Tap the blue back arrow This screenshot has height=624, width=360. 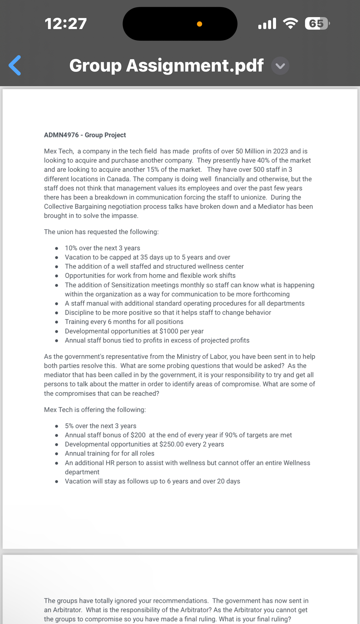(15, 65)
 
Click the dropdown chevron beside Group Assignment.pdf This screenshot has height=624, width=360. (280, 66)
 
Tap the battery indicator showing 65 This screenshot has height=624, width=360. (317, 24)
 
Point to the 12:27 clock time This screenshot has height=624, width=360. (66, 24)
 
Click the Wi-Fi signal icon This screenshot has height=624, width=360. (290, 23)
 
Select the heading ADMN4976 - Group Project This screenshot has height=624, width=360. (85, 135)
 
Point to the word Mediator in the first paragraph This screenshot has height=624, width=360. (271, 207)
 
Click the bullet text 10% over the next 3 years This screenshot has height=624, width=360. (102, 248)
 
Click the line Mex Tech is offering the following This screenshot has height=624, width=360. (95, 410)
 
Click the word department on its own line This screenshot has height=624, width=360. (82, 472)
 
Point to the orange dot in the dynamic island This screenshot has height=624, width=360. (199, 24)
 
